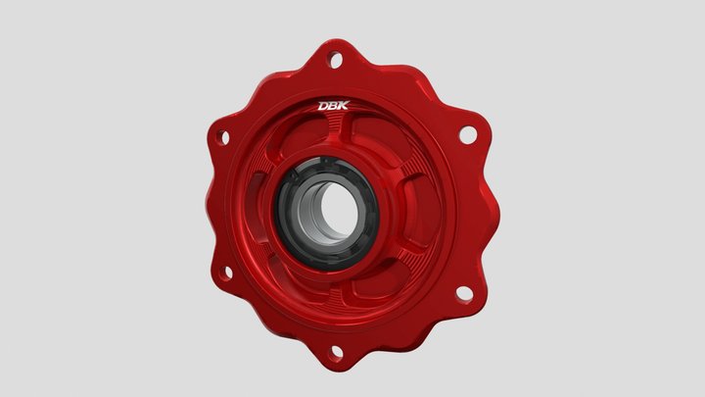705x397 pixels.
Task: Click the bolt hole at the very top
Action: [336, 61]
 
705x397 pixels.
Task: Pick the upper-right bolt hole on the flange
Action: [467, 132]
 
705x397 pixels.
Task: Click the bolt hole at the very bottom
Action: [337, 350]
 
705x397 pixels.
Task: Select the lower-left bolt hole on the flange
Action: [224, 273]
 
